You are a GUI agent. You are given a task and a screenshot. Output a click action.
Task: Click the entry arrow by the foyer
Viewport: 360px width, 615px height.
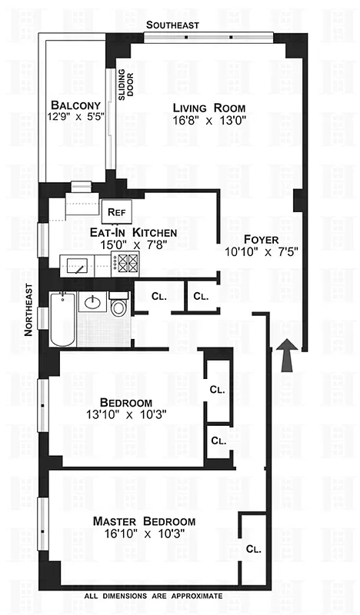pyautogui.click(x=286, y=357)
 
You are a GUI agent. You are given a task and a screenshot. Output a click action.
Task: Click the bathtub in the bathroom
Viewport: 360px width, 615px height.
pyautogui.click(x=62, y=321)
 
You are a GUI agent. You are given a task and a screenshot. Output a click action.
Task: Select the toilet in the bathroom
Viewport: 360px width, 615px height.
pyautogui.click(x=118, y=306)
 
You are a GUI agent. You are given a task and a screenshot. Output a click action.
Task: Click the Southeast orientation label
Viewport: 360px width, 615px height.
pyautogui.click(x=175, y=25)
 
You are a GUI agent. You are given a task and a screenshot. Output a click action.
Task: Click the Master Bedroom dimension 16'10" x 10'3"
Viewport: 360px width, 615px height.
pyautogui.click(x=144, y=535)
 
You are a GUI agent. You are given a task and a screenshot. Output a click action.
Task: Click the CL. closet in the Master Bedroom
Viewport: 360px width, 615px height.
pyautogui.click(x=253, y=549)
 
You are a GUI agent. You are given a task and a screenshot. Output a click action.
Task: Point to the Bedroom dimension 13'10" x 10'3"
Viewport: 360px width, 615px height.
pyautogui.click(x=125, y=415)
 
